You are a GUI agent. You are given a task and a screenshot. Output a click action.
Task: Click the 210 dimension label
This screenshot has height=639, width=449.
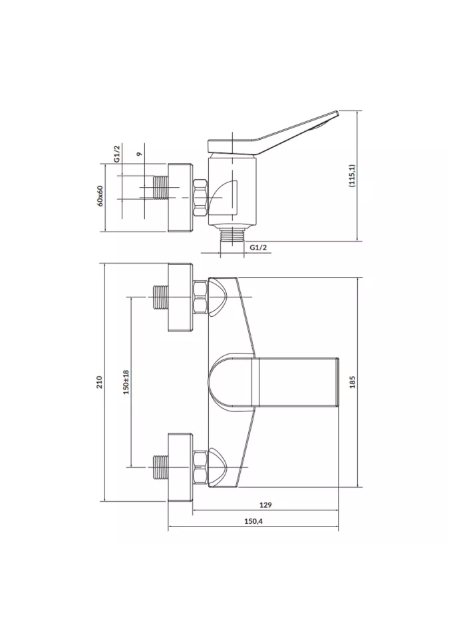pos(100,382)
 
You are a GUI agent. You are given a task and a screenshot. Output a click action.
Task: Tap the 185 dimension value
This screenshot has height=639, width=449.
pos(353,382)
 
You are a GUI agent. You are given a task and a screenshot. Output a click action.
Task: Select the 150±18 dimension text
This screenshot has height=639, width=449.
pos(126,382)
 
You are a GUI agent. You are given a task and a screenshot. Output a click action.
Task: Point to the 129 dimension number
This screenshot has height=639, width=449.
pos(265,505)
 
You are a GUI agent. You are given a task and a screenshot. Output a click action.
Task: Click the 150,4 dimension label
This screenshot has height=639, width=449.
pos(253,521)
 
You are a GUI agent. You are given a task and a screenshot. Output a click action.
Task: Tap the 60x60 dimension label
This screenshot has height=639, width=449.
pos(100,196)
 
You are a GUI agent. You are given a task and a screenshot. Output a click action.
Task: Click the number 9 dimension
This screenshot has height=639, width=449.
pos(139,154)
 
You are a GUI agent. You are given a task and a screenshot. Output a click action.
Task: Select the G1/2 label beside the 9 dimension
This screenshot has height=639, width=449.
pos(117,154)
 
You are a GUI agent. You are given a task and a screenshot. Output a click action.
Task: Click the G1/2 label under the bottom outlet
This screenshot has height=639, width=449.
pos(258,248)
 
